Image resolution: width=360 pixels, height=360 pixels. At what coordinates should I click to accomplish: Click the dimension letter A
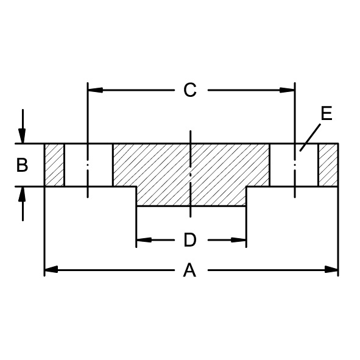(x=190, y=270)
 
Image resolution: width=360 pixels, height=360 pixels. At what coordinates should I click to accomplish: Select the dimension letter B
(x=22, y=165)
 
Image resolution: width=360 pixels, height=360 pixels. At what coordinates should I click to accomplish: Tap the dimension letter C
(x=190, y=90)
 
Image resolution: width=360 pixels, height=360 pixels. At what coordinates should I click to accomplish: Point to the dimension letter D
(x=190, y=241)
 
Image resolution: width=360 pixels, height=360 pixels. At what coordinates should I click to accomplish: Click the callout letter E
(x=326, y=114)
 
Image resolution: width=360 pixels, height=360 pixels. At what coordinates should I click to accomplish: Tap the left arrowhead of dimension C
(x=93, y=90)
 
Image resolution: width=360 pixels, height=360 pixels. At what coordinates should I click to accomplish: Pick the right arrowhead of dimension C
(x=290, y=90)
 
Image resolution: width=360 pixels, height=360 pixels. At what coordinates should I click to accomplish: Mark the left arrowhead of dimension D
(x=141, y=241)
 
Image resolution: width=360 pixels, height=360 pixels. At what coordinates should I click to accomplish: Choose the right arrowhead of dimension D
(x=241, y=241)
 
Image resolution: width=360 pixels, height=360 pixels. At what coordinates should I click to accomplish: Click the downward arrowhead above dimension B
(x=23, y=138)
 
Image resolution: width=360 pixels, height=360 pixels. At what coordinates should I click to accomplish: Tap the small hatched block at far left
(x=54, y=165)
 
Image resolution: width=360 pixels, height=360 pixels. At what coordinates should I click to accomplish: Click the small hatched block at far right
(x=328, y=165)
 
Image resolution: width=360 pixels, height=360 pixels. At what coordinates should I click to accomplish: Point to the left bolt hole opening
(x=88, y=165)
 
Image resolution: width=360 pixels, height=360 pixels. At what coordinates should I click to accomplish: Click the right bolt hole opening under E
(x=294, y=165)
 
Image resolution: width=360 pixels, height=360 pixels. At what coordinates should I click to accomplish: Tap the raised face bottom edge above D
(x=191, y=206)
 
